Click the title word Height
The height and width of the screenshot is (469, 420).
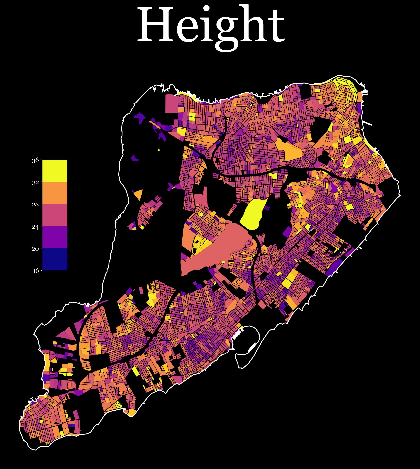[210, 26]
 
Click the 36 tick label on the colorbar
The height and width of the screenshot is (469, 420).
[35, 160]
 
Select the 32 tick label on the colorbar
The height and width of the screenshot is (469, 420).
[35, 182]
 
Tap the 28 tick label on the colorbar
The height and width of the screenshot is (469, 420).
[35, 204]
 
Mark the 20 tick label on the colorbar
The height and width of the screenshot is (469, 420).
[35, 249]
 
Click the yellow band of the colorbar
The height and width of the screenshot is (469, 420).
[55, 171]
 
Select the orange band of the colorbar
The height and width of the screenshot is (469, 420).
[55, 193]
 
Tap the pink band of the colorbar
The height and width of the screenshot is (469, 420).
[55, 215]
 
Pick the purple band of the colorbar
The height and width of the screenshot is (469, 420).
[55, 237]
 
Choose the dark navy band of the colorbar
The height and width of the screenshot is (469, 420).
[55, 259]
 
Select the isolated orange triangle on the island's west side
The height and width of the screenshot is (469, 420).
[139, 194]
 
